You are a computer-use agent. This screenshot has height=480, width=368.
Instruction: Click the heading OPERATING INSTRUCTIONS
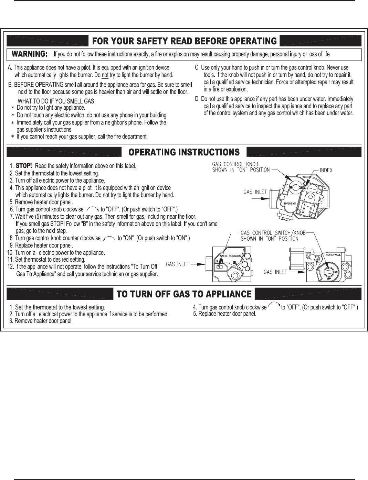pos(184,152)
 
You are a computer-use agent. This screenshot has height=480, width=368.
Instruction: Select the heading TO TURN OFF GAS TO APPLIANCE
pos(184,294)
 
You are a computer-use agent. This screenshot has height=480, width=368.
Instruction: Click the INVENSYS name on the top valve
pos(289,204)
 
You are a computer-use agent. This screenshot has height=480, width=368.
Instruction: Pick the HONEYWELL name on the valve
pos(333,255)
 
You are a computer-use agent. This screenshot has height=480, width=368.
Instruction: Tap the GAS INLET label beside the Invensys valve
pos(255,192)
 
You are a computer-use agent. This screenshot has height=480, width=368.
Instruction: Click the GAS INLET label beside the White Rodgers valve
pos(178,264)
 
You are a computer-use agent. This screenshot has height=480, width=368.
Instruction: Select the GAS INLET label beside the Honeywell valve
pos(275,272)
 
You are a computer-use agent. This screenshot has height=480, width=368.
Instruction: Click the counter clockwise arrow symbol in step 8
pos(109,238)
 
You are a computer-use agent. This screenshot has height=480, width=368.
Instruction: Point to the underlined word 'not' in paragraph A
pos(105,75)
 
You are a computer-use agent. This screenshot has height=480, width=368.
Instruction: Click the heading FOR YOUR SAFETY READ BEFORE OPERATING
pos(184,41)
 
